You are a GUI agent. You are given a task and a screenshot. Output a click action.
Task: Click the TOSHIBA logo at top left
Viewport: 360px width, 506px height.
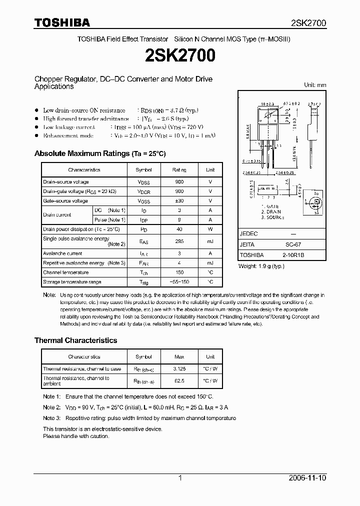[62, 22]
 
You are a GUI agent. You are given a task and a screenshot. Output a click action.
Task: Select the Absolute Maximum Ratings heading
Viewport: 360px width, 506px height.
[99, 153]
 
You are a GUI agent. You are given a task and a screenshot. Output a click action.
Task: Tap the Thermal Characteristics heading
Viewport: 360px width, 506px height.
[75, 340]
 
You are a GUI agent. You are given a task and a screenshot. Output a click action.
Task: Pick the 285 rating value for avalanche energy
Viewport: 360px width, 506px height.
[179, 241]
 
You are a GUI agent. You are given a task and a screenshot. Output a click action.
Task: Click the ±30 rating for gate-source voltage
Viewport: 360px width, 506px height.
[179, 201]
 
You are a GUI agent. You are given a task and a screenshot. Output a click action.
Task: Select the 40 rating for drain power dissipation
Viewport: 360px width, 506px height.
[179, 229]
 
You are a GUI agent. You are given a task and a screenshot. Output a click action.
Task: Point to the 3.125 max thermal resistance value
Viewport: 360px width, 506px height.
[179, 369]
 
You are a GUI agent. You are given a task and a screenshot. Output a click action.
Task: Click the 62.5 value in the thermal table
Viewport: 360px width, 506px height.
[179, 381]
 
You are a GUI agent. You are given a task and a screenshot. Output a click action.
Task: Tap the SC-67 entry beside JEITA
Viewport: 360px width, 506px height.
[292, 244]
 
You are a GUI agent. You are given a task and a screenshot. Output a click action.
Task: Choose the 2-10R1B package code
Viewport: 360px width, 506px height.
[292, 254]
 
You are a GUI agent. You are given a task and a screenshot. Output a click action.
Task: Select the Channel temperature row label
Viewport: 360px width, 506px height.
[65, 272]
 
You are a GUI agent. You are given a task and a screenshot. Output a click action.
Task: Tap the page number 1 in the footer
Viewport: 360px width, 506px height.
[180, 478]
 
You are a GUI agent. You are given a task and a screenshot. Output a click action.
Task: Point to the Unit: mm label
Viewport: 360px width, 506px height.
[315, 85]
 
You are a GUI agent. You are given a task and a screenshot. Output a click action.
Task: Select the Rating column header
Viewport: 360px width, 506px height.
[179, 170]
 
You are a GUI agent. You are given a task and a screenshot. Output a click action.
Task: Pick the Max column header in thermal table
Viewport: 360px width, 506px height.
[179, 357]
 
